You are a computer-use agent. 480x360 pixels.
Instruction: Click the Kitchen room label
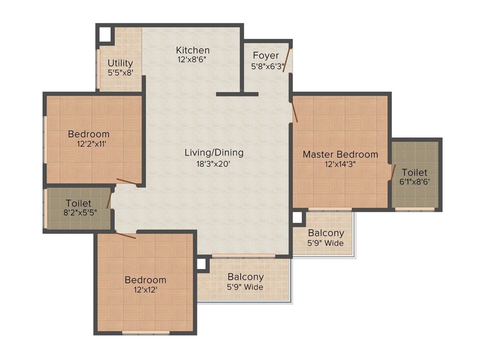[x=193, y=50]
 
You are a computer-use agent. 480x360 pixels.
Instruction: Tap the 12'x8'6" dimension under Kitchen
[x=193, y=60]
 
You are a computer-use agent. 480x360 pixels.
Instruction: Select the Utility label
[x=120, y=63]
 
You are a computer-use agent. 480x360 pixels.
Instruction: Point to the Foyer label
[x=266, y=56]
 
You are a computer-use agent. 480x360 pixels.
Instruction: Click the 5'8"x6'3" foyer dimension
[x=268, y=66]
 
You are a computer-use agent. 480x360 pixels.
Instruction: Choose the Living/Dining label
[x=214, y=153]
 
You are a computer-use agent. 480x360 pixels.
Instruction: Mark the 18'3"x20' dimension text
[x=214, y=164]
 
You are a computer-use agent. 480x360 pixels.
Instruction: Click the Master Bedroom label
[x=340, y=154]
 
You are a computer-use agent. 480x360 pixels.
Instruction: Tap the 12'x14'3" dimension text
[x=340, y=164]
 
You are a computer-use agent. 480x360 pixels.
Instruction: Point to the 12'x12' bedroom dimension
[x=145, y=290]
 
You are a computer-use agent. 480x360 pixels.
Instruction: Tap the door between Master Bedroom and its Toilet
[x=393, y=172]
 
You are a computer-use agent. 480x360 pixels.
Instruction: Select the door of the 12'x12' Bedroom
[x=126, y=235]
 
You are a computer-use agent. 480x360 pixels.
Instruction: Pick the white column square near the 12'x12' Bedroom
[x=202, y=264]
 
